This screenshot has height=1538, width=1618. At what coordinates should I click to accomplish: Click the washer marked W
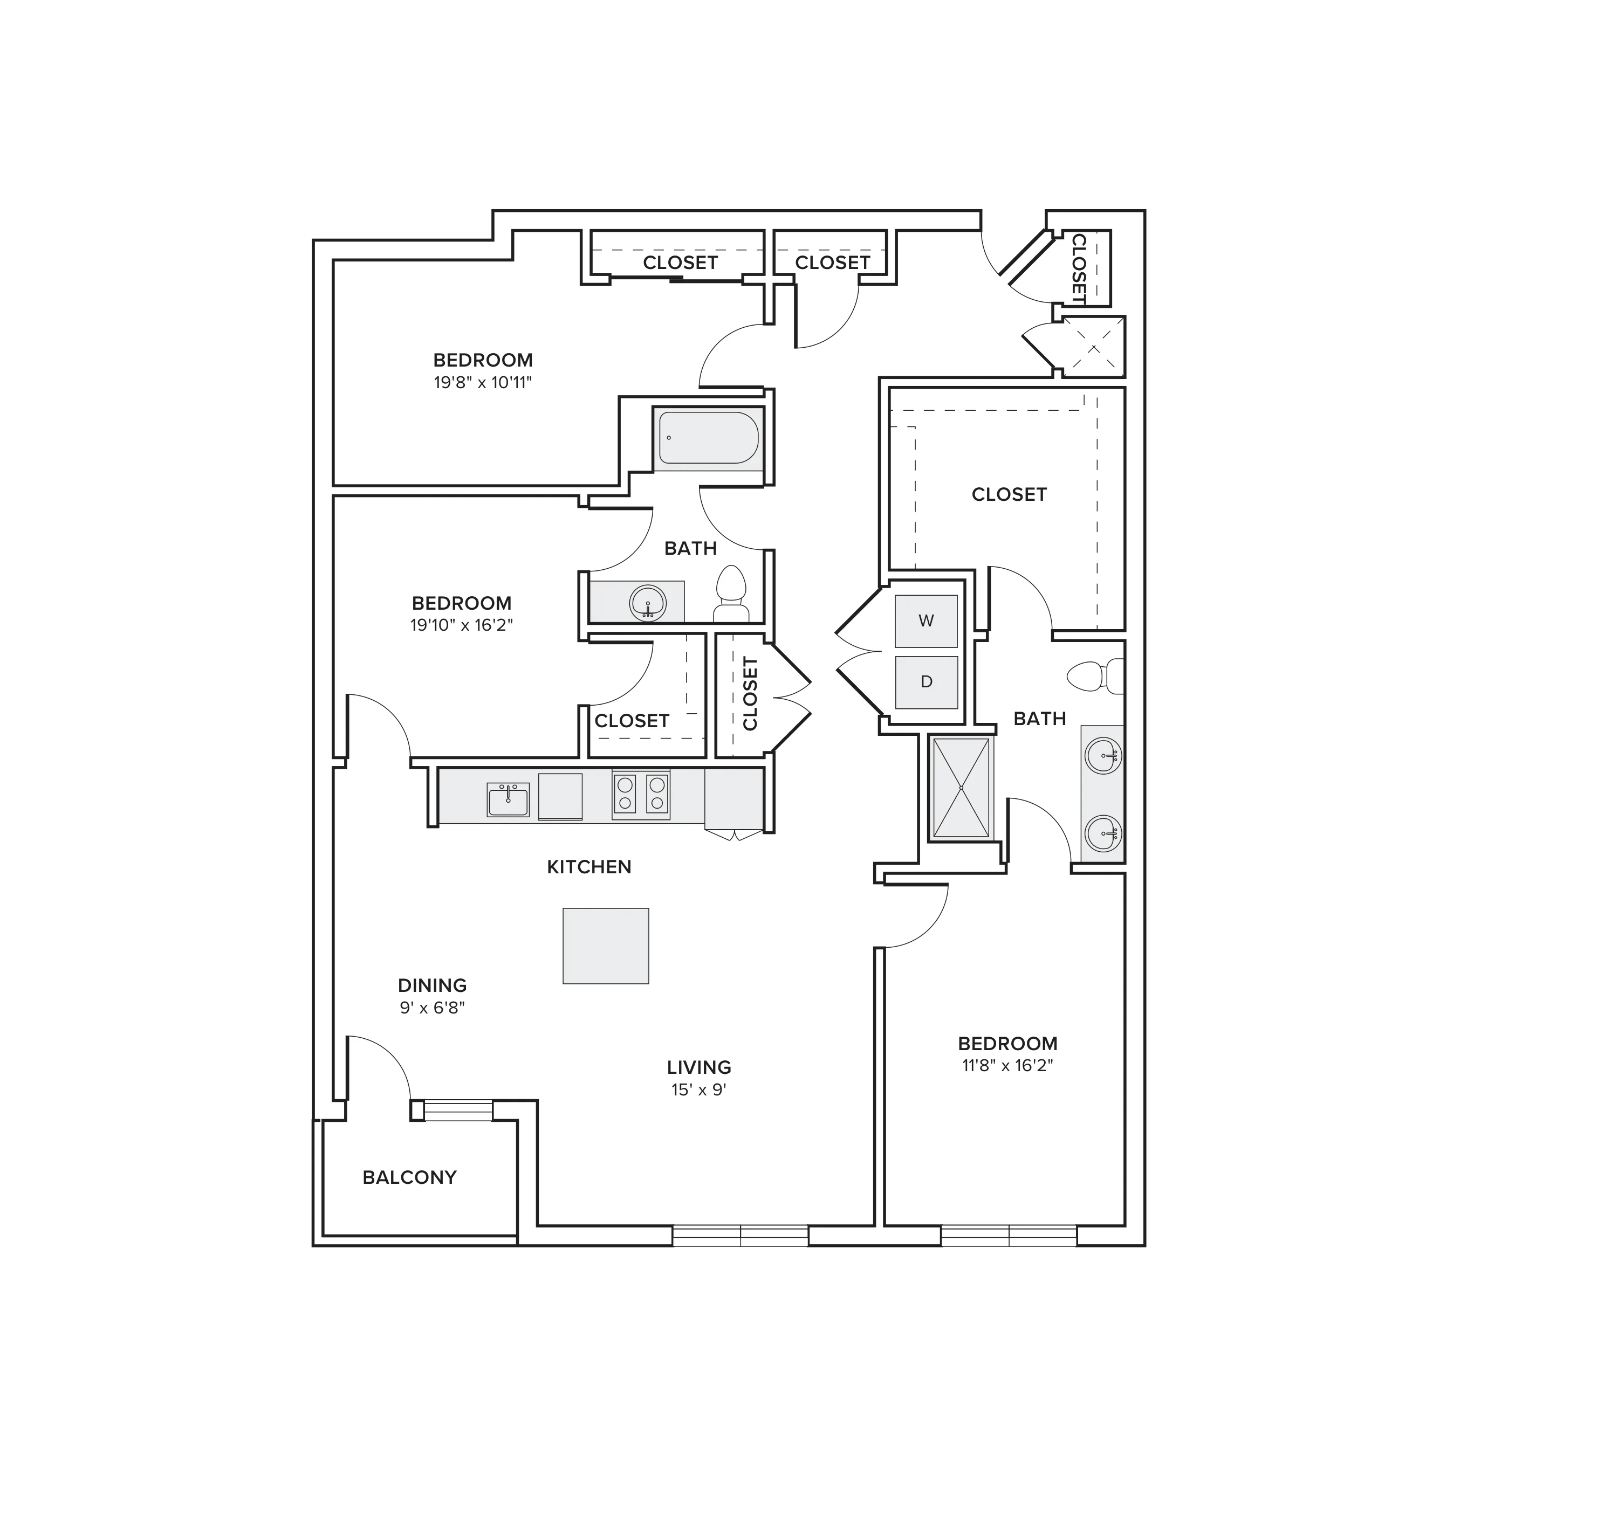[926, 620]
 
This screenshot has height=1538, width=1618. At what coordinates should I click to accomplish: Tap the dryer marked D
[926, 682]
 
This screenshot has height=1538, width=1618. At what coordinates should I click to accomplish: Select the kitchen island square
[605, 945]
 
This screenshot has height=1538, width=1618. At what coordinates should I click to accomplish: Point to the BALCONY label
[409, 1177]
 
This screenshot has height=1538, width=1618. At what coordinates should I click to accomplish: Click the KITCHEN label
[589, 866]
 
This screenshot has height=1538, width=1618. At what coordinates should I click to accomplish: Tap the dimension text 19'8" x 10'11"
[483, 382]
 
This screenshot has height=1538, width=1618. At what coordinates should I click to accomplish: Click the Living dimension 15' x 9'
[698, 1089]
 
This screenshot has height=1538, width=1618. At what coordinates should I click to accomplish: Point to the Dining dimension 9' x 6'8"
[432, 1008]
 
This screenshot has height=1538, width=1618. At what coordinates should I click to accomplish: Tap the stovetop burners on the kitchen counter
[641, 795]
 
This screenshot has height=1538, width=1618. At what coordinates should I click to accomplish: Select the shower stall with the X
[961, 787]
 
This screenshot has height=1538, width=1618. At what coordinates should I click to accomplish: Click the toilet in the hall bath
[731, 594]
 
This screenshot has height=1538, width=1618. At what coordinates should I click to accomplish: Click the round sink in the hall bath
[648, 603]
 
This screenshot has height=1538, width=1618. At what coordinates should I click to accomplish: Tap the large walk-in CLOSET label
[1009, 494]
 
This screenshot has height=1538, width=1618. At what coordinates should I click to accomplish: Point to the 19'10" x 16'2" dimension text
[462, 625]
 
